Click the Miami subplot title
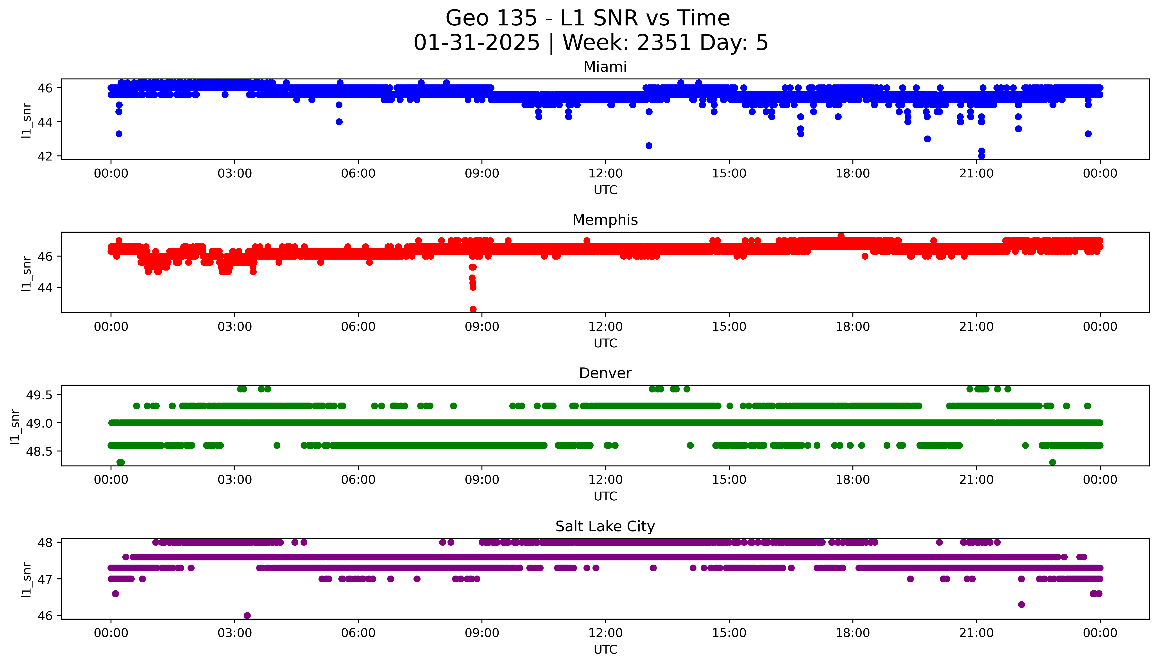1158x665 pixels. (605, 67)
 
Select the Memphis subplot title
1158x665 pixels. (605, 220)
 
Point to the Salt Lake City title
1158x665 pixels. (605, 527)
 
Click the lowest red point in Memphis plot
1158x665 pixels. (473, 309)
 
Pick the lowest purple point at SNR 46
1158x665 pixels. (247, 615)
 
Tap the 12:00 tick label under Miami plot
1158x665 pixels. (605, 174)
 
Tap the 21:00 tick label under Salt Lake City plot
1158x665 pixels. (976, 633)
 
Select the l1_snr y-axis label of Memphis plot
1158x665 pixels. (27, 273)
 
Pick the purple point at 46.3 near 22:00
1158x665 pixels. (1021, 604)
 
